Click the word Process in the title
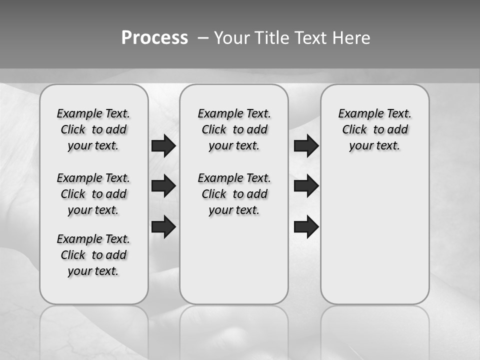[x=154, y=38]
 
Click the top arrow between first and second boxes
[x=163, y=145]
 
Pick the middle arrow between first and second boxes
[x=163, y=186]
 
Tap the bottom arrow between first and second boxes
[x=163, y=226]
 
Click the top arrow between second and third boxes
[x=306, y=145]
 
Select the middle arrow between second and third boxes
[x=306, y=186]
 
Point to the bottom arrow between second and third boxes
[x=306, y=226]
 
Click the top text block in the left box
[x=93, y=129]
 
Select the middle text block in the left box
[x=93, y=194]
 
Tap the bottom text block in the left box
[x=93, y=255]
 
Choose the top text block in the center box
[x=234, y=129]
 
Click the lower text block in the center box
[x=234, y=194]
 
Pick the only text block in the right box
[x=375, y=129]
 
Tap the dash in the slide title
[x=203, y=38]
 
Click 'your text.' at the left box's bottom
[x=93, y=271]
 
